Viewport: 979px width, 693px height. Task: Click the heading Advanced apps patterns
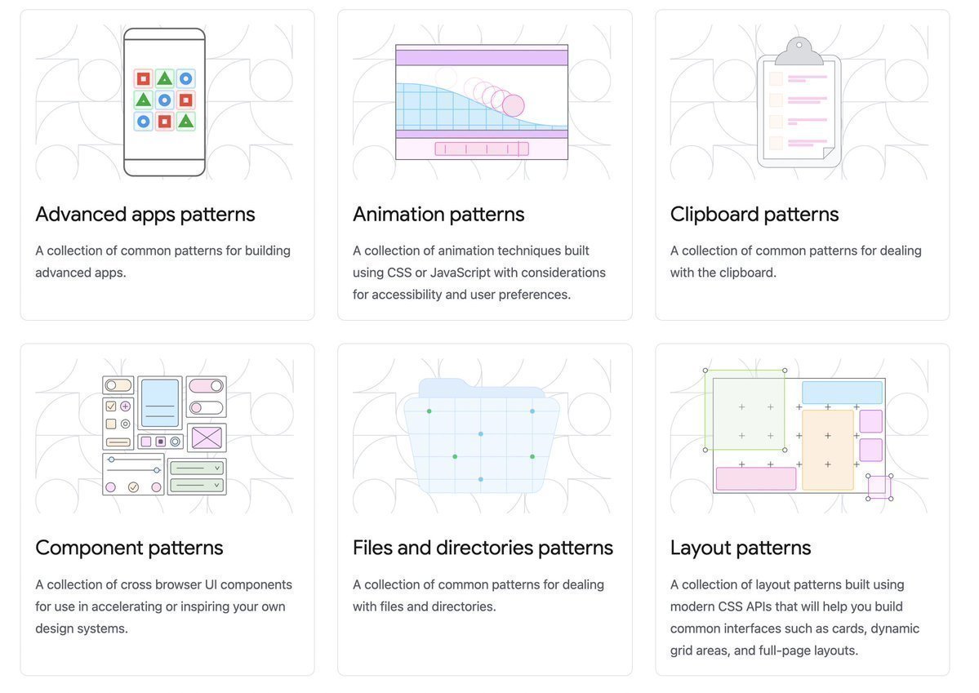145,214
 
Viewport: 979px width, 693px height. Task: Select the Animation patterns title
438,214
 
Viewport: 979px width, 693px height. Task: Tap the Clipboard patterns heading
754,214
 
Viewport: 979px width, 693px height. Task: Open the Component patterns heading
129,548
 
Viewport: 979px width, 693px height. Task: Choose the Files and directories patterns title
483,548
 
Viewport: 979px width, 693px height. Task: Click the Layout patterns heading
741,548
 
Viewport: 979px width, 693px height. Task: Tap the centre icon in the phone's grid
164,100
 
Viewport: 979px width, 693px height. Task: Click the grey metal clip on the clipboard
799,51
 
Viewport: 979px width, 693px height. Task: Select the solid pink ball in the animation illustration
514,104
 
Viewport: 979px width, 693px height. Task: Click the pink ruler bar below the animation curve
482,149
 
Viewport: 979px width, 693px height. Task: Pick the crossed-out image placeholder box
207,438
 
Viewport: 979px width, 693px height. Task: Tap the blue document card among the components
160,402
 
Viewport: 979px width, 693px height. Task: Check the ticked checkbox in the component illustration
111,406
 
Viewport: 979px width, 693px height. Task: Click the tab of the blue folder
482,388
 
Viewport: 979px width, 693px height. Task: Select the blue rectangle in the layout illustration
843,393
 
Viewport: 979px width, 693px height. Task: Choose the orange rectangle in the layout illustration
827,450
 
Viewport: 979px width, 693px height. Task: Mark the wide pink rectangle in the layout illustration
756,479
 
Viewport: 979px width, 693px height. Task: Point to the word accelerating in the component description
127,606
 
